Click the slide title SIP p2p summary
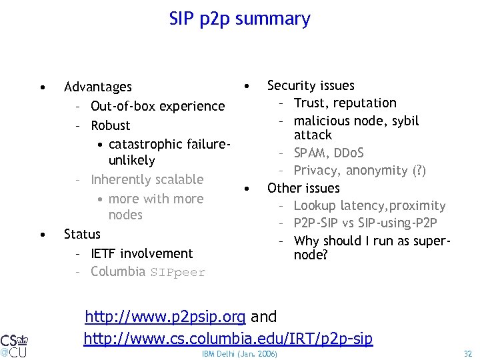click(240, 19)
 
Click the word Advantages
click(98, 87)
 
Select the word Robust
click(111, 125)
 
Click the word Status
click(82, 234)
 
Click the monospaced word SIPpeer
click(178, 272)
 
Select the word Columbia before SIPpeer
click(118, 271)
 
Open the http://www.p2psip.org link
click(165, 316)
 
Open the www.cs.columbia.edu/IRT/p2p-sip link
click(228, 339)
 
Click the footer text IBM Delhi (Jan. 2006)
click(239, 353)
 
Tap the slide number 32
click(467, 353)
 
